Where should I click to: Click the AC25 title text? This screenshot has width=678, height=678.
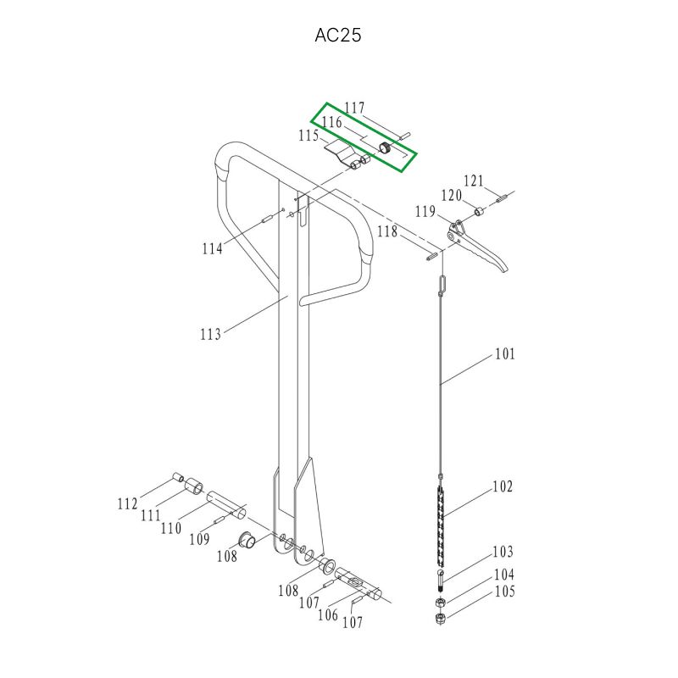[x=337, y=35]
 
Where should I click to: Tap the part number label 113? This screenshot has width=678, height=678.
[x=210, y=334]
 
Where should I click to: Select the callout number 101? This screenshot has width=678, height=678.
[x=505, y=354]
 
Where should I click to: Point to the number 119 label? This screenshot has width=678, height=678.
[x=425, y=211]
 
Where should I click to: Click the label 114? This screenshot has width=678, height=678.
[x=213, y=248]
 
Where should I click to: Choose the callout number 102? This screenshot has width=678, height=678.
[x=503, y=486]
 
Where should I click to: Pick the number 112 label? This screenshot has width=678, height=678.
[x=128, y=503]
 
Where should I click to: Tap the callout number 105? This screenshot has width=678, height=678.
[x=504, y=591]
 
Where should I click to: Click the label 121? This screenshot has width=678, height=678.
[x=474, y=181]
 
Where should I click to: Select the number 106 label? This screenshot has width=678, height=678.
[x=328, y=614]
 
